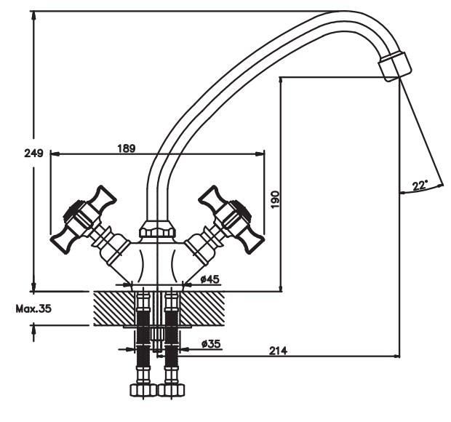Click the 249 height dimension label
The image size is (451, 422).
33,153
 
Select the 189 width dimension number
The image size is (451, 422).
127,148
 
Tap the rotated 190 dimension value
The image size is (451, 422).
275,199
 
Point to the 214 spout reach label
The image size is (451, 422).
278,351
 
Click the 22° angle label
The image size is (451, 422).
420,186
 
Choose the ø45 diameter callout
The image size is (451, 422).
210,279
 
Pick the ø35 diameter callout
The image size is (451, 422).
211,343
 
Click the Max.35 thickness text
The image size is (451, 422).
33,308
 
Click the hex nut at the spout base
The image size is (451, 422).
157,229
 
